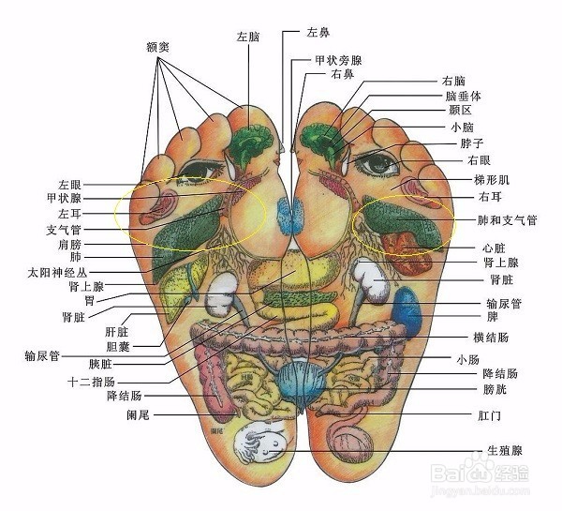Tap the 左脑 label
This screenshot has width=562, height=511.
click(248, 37)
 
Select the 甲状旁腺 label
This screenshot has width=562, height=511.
click(338, 60)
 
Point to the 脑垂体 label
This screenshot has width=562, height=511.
click(464, 96)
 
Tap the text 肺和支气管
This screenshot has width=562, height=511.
click(507, 221)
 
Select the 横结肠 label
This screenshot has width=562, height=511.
click(490, 337)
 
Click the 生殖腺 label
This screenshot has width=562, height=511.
click(504, 451)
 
